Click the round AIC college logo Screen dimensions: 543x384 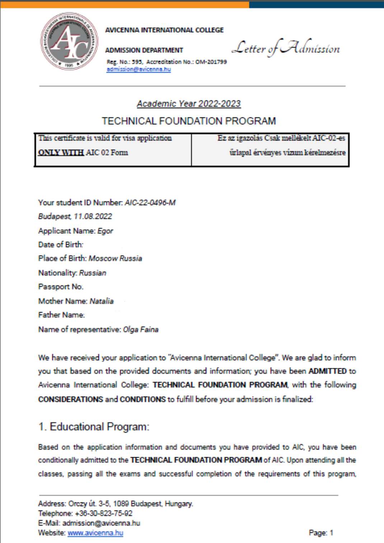tap(69, 41)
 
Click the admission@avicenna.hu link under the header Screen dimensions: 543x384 tap(139, 69)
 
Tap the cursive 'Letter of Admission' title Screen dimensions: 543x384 tap(286, 48)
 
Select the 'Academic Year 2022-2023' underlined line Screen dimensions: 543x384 tap(188, 104)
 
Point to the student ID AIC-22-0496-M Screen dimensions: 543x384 tap(150, 203)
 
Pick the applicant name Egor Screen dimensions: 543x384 tap(105, 231)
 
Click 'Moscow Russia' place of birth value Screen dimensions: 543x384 tap(115, 259)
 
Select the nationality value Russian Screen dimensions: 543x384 tap(93, 273)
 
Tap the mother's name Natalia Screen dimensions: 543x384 tap(102, 301)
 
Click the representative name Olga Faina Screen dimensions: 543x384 tap(141, 329)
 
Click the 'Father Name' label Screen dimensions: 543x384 tap(61, 315)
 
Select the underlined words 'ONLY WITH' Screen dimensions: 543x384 tap(61, 153)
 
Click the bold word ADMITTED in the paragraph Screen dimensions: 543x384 tap(327, 371)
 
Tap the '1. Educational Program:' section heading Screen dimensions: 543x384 tap(94, 427)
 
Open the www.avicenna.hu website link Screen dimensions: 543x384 tap(95, 533)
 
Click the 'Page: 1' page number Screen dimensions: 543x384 tap(321, 533)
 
